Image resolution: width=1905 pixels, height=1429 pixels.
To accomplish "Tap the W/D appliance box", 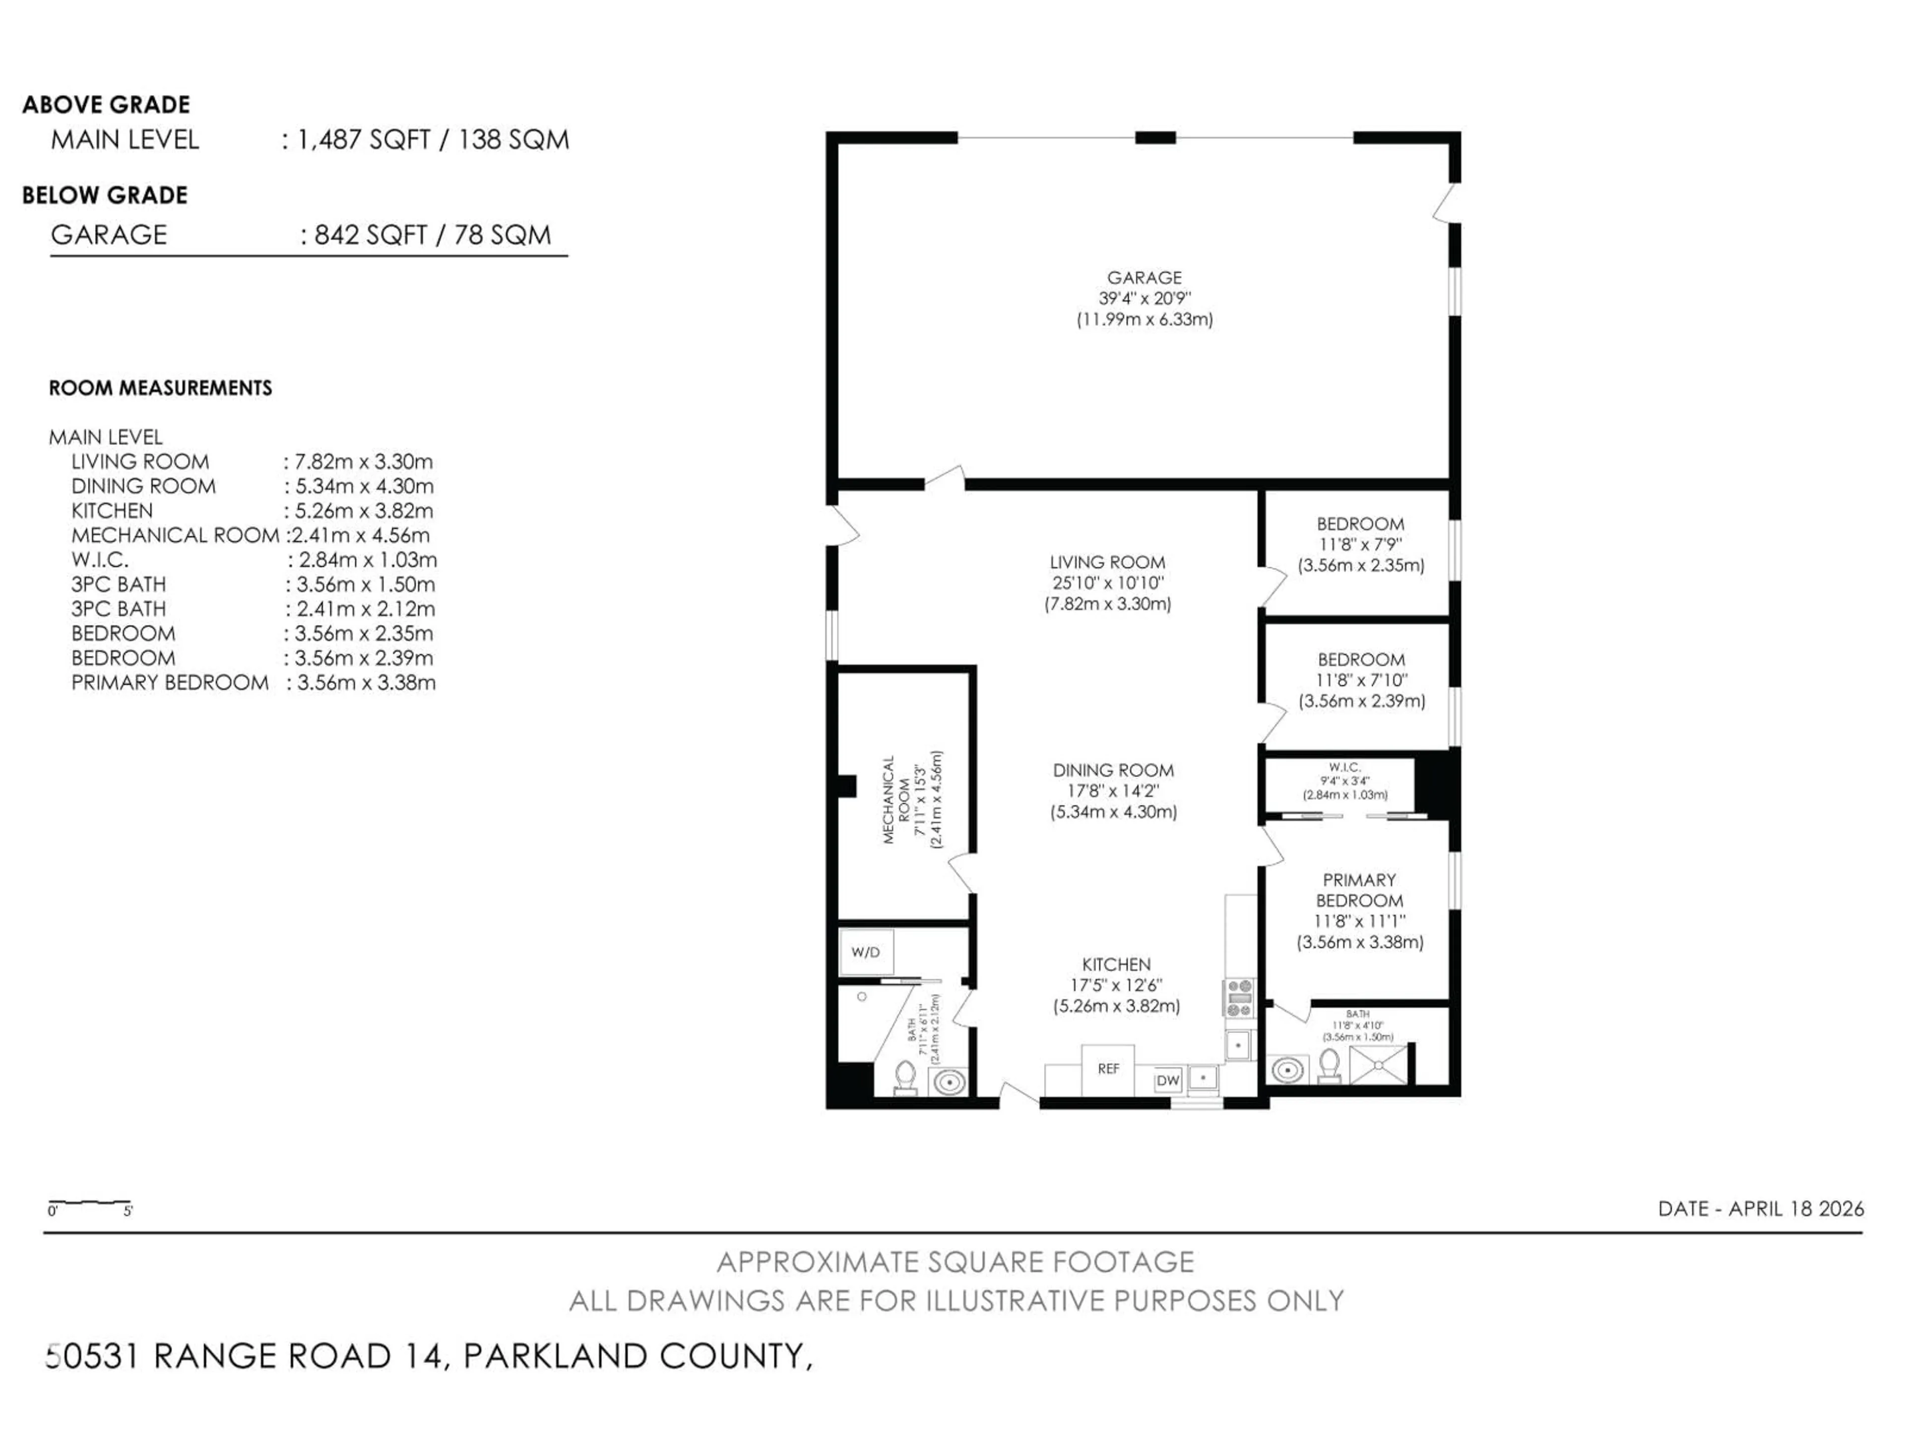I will [x=866, y=952].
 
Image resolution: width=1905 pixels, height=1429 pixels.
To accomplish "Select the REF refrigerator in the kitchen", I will [x=1107, y=1069].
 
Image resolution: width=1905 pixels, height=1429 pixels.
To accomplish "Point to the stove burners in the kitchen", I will [x=1239, y=997].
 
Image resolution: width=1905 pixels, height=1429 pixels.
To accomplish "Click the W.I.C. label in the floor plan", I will [x=1344, y=767].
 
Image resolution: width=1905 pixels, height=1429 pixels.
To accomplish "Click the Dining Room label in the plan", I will [x=1113, y=770].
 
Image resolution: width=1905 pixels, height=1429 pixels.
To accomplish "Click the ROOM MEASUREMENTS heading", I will [x=160, y=389].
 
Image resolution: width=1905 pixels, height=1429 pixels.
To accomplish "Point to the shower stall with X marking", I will [x=1378, y=1065].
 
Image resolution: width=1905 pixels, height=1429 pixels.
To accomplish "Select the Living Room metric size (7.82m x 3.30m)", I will [x=1107, y=604].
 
